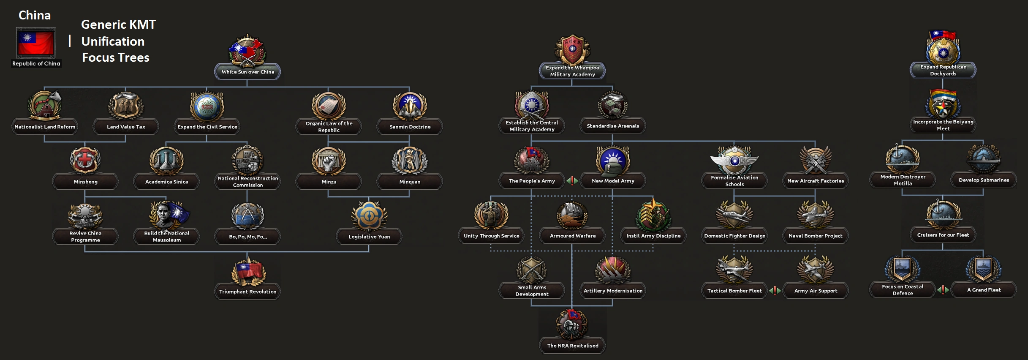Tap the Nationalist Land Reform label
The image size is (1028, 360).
tap(45, 127)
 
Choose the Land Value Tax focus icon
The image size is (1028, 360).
tap(126, 106)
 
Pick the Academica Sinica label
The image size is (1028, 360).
tap(166, 182)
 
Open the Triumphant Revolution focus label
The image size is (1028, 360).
tap(247, 292)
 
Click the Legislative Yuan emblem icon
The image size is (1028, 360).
tap(369, 215)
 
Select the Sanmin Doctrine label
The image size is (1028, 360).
tap(410, 127)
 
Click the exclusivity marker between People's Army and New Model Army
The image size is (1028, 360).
tap(572, 181)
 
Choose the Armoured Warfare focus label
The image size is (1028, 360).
tap(572, 236)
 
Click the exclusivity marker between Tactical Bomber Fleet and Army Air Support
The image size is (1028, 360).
tap(775, 291)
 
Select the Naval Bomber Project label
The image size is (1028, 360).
tap(815, 236)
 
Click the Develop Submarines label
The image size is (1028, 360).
tap(984, 180)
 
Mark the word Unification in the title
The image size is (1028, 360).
tap(113, 41)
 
